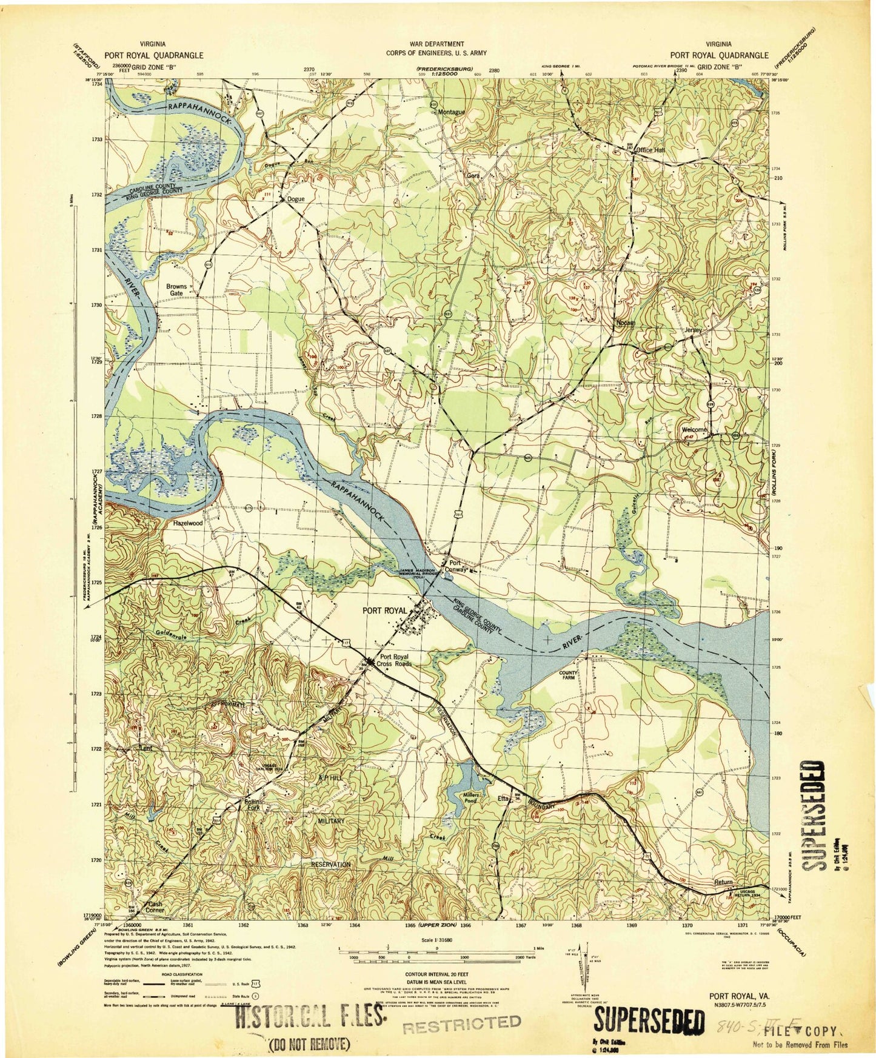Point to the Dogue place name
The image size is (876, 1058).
point(296,199)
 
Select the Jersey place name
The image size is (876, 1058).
point(693,330)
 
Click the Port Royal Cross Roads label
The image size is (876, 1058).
point(395,660)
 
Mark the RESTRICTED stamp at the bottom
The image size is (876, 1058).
point(461,1023)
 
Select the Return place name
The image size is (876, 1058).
point(723,882)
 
